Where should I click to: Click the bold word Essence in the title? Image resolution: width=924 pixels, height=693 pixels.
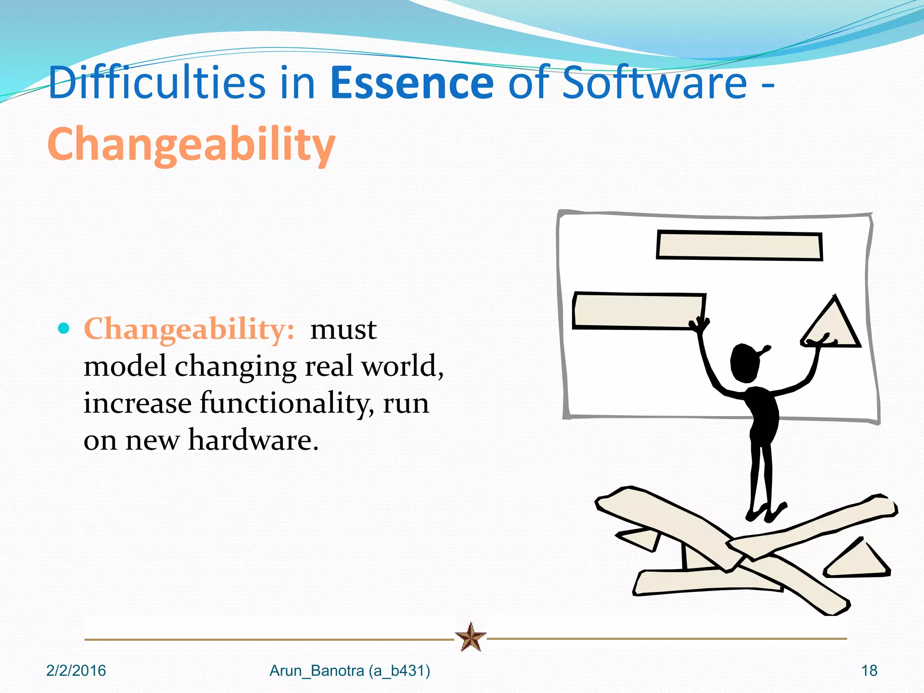coord(411,83)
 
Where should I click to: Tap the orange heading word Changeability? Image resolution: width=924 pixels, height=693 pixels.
coord(191,144)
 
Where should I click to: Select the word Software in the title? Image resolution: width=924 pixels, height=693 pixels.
coord(655,83)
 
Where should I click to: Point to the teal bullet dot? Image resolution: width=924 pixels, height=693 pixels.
coord(64,328)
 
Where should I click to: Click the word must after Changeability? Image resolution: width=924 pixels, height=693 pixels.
coord(343,329)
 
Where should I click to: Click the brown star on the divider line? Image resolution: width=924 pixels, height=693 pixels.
coord(471,637)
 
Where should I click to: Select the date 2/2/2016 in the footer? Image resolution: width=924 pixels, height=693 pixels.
coord(76,671)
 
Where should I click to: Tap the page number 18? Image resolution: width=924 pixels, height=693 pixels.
coord(869,671)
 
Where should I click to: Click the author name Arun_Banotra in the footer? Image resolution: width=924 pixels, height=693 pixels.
coord(317,671)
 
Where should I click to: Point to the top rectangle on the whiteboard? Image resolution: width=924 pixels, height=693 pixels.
coord(739,246)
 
